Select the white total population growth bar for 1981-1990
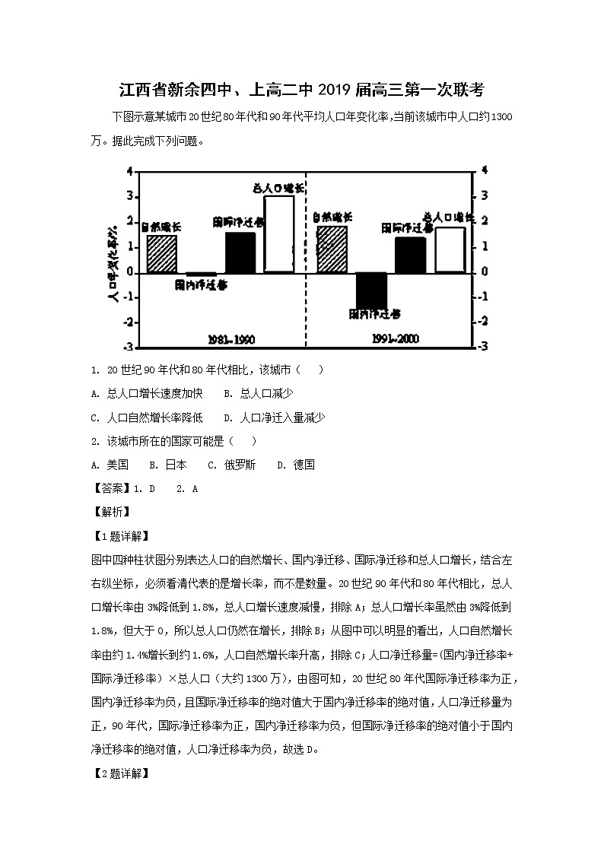pyautogui.click(x=278, y=233)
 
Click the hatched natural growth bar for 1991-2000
pyautogui.click(x=332, y=249)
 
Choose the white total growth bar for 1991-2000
pyautogui.click(x=449, y=249)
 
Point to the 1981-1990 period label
pyautogui.click(x=231, y=338)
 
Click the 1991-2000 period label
pyautogui.click(x=396, y=338)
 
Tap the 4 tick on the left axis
pyautogui.click(x=130, y=171)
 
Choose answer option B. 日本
pyautogui.click(x=167, y=465)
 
